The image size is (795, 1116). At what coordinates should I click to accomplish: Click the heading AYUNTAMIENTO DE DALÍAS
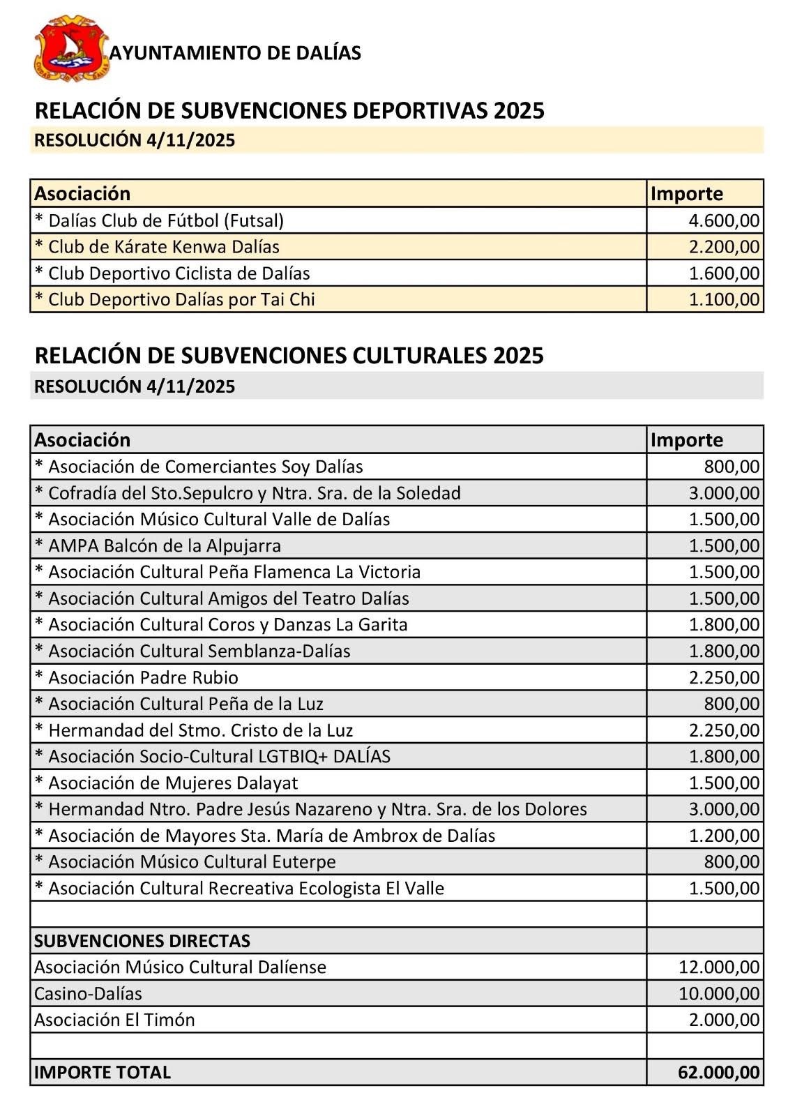point(235,53)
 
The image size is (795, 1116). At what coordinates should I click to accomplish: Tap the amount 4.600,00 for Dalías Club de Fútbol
point(724,221)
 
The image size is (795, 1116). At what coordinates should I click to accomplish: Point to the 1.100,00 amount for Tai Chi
point(724,300)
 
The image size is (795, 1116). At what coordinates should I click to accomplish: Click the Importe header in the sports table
point(686,194)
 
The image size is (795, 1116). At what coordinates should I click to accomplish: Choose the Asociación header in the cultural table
point(82,440)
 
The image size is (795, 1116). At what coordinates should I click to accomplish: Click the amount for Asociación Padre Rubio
point(724,677)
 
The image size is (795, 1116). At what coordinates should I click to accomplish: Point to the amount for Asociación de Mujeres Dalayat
point(724,783)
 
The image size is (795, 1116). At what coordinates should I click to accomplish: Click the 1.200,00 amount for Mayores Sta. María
point(724,836)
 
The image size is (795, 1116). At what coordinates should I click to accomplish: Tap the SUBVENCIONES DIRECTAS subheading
point(142,941)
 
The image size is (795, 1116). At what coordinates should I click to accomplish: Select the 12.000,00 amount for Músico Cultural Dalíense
point(719,967)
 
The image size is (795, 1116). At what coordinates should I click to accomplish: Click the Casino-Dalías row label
point(88,994)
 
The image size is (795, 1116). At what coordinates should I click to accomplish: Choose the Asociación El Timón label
point(114,1020)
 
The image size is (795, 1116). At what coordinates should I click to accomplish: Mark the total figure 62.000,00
point(718,1073)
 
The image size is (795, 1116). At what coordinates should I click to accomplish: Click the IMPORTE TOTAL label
point(103,1073)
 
